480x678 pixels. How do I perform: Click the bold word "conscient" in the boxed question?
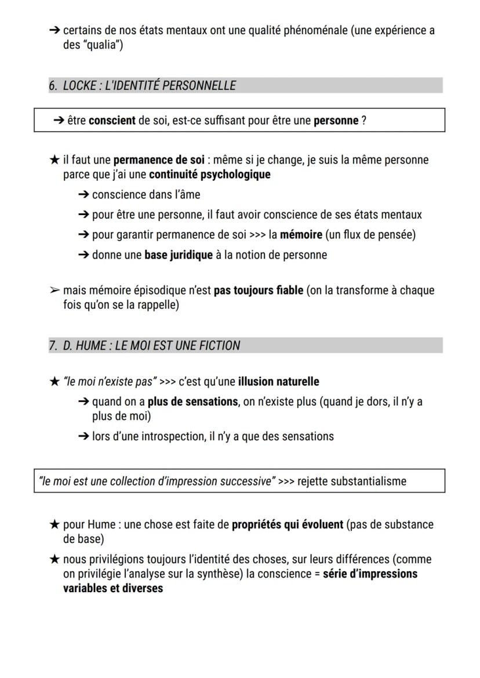click(x=112, y=121)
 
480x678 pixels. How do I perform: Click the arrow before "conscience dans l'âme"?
click(x=83, y=195)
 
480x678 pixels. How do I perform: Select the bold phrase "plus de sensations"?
click(x=192, y=402)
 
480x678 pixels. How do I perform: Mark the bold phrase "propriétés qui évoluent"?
click(x=288, y=524)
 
